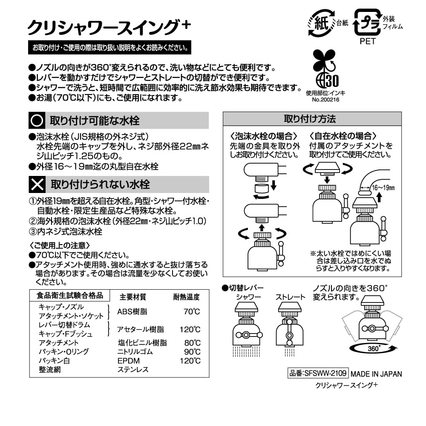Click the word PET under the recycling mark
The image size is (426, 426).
click(367, 42)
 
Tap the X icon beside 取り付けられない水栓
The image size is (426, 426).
click(37, 184)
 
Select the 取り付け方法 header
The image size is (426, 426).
click(312, 118)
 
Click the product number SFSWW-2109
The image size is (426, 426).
click(318, 373)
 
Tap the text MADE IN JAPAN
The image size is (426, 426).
click(376, 374)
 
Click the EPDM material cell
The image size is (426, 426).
click(127, 360)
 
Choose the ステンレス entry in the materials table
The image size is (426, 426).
click(132, 370)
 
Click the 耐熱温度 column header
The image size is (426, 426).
click(186, 297)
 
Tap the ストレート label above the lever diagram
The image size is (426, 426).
click(290, 297)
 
